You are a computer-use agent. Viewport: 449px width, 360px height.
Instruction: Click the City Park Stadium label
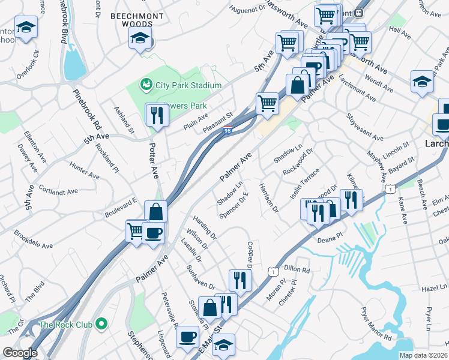point(188,85)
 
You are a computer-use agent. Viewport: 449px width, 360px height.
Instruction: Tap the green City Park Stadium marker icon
point(145,85)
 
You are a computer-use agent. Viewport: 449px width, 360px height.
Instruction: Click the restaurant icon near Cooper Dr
point(240,280)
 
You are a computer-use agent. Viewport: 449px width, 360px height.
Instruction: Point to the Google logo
point(20,353)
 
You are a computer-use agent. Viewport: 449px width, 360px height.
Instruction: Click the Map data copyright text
point(423,355)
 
